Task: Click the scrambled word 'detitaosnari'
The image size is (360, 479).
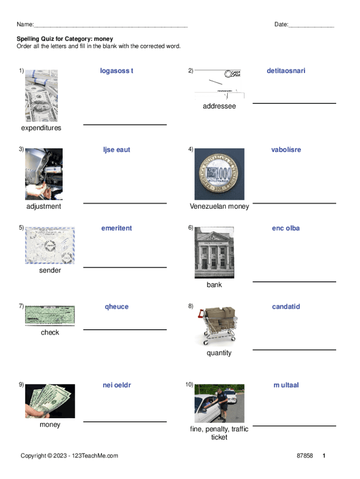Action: point(286,71)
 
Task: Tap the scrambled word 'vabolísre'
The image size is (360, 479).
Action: point(286,150)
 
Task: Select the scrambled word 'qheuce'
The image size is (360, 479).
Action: point(116,307)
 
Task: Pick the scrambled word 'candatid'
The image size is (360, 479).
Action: point(286,306)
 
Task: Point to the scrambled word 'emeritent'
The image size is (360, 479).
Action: point(116,228)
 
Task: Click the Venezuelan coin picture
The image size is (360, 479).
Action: point(219,174)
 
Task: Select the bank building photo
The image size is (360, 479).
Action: point(214,252)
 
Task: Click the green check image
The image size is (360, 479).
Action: point(50,315)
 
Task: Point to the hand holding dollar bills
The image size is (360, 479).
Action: point(50,401)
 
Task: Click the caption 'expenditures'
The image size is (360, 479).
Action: point(41,128)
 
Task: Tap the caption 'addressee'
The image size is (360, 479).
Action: point(219,106)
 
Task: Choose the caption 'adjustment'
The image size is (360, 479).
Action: point(43,206)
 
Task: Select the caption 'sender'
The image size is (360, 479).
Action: point(50,270)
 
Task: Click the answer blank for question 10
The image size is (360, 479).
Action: point(295,426)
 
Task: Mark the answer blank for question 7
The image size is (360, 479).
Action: point(125,330)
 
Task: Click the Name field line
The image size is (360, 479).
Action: point(111,27)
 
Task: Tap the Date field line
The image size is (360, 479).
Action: point(311,27)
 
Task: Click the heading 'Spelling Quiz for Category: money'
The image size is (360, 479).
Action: point(65,39)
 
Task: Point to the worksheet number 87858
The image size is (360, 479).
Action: point(305,456)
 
